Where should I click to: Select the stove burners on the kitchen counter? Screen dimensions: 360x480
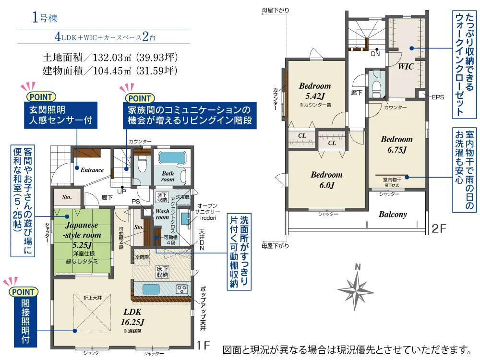(x=183, y=289)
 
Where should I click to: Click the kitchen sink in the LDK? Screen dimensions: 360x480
(x=152, y=289)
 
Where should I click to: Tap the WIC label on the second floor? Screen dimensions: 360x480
(x=406, y=67)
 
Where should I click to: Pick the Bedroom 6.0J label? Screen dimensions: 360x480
(x=326, y=180)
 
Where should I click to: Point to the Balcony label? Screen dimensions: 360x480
(x=393, y=215)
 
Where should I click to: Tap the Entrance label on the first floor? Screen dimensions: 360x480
(x=92, y=170)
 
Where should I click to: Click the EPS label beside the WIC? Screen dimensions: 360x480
(x=438, y=97)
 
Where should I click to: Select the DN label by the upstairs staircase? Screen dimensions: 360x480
(x=376, y=54)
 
